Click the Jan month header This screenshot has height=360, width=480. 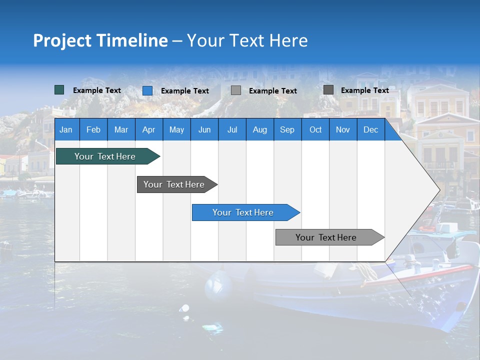[66, 129]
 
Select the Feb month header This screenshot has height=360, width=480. [93, 129]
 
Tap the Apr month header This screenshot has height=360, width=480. [149, 129]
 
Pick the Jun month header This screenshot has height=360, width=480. [204, 129]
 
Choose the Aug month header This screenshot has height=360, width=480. [260, 129]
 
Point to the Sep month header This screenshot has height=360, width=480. [287, 129]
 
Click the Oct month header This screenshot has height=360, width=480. [315, 129]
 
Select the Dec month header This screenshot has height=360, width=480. [371, 129]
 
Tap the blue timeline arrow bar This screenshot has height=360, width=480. [243, 212]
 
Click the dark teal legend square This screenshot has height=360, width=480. [59, 90]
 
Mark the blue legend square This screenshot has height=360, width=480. [147, 90]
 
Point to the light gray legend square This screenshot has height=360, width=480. [236, 90]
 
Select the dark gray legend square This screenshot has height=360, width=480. [328, 90]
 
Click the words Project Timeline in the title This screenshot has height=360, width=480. [100, 40]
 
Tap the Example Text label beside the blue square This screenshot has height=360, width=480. [185, 91]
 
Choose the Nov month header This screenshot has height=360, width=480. [343, 129]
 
